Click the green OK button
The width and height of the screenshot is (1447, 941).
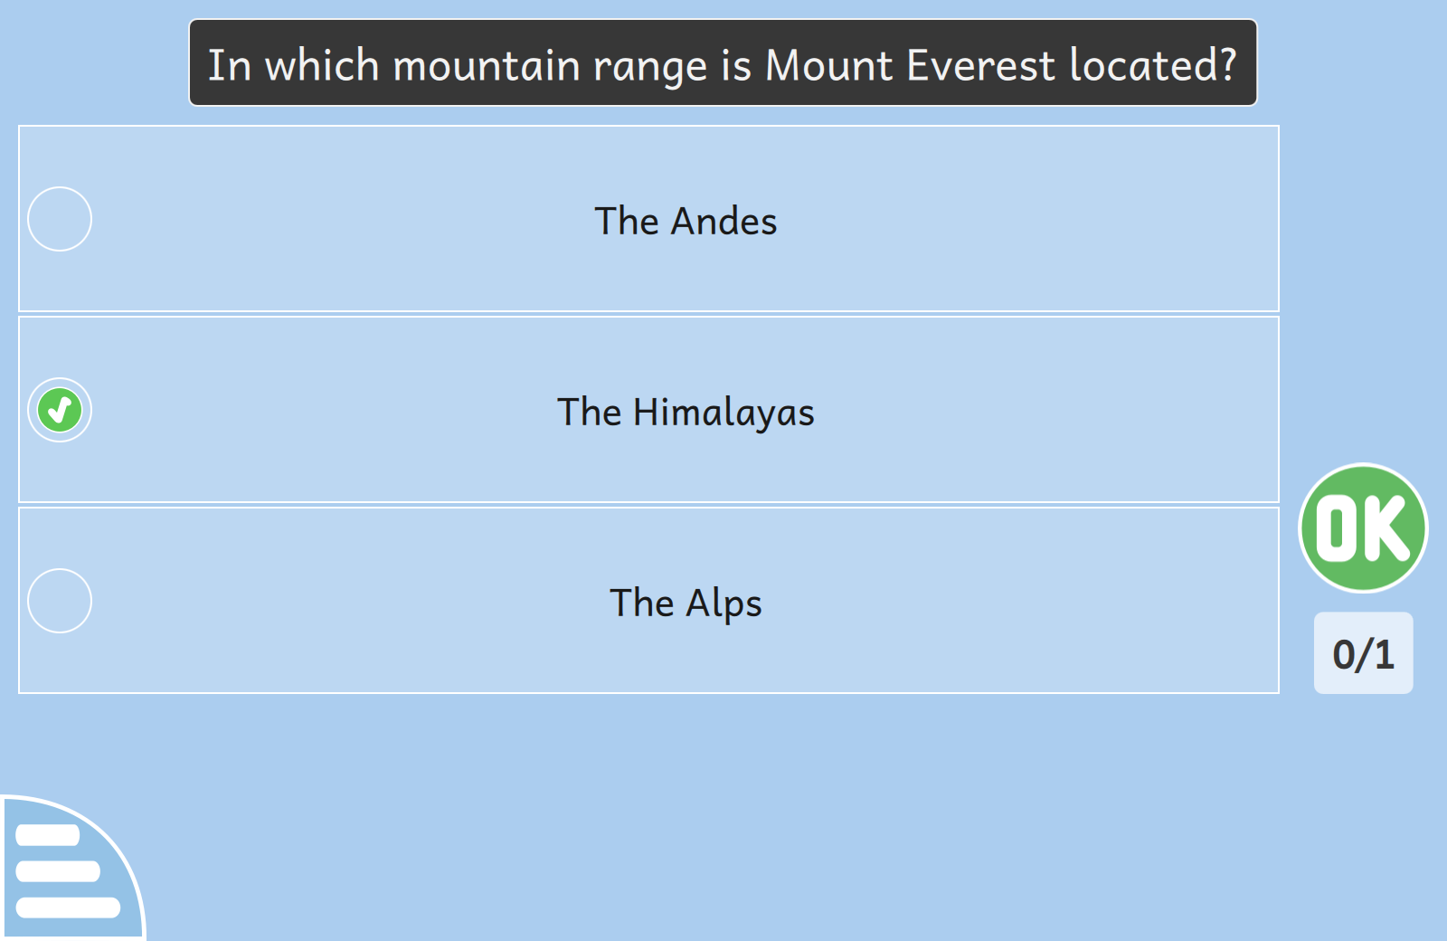pos(1363,528)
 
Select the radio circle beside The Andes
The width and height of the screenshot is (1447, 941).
pos(60,219)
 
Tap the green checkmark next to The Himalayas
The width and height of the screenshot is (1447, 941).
pos(60,410)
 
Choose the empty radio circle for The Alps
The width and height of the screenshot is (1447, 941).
pos(60,601)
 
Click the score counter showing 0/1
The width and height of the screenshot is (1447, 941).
pos(1363,653)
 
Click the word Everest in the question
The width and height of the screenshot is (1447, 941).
pos(980,65)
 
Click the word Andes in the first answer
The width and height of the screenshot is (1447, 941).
pos(723,221)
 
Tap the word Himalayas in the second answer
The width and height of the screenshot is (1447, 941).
pos(723,413)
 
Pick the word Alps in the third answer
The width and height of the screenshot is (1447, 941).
pos(723,604)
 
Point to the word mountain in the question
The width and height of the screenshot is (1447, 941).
pos(487,67)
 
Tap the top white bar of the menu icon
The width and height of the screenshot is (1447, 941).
pos(47,834)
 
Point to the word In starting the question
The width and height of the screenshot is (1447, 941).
pos(230,65)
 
